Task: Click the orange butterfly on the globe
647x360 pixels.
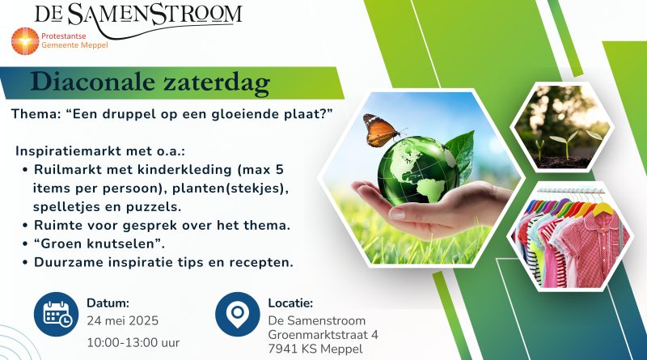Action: (380, 129)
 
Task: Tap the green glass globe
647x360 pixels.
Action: (417, 170)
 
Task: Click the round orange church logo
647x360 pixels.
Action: (25, 41)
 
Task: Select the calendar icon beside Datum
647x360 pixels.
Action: (56, 314)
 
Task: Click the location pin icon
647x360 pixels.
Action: (237, 314)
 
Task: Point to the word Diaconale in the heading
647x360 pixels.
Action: (93, 82)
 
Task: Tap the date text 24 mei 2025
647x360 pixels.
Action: (123, 321)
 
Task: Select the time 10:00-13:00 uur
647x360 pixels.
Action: (133, 343)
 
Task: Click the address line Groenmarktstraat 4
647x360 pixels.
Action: (323, 334)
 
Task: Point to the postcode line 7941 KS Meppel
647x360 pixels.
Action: (315, 349)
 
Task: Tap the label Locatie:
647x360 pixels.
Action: (290, 303)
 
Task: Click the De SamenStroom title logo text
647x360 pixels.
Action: (138, 15)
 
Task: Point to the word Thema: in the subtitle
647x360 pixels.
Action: (36, 114)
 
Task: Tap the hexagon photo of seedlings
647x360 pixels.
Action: (562, 127)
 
